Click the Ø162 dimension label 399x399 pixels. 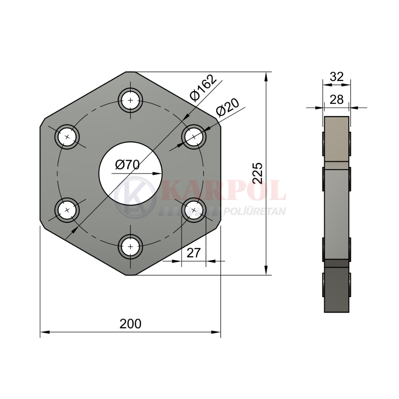[x=203, y=88]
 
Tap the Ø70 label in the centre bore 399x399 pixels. [x=127, y=165]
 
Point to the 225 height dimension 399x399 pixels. [x=258, y=173]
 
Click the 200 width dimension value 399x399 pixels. [x=130, y=324]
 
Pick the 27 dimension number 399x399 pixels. [x=194, y=253]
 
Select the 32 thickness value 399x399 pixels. [x=336, y=76]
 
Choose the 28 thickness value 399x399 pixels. [x=336, y=99]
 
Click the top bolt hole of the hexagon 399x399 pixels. [x=130, y=101]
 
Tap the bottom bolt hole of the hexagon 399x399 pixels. [x=130, y=247]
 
